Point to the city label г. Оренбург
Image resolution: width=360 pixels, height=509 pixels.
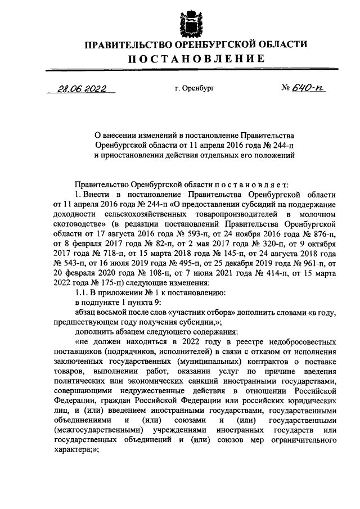point(194,88)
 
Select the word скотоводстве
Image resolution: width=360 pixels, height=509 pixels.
point(78,224)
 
